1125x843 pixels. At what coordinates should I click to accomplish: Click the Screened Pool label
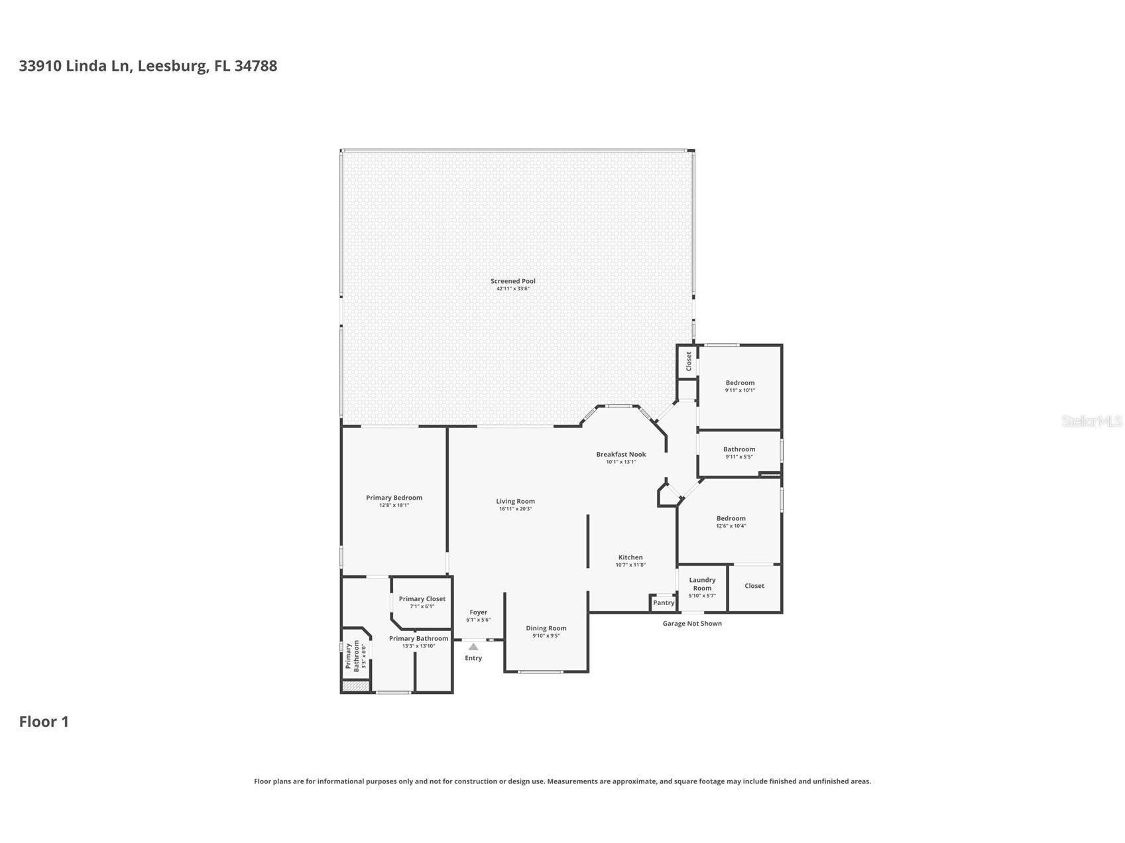[512, 281]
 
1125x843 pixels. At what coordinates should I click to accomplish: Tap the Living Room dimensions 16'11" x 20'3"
[515, 509]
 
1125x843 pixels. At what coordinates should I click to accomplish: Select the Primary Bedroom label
[394, 498]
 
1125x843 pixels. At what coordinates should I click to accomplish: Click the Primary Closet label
[422, 599]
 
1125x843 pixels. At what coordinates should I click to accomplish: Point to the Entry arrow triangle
[473, 647]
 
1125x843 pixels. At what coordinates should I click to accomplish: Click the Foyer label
[478, 612]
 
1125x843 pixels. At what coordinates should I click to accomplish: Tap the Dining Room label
[546, 628]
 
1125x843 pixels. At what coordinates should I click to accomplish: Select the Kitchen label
[630, 557]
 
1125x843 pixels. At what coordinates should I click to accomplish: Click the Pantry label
[663, 603]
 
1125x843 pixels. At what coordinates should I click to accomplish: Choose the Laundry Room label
[702, 584]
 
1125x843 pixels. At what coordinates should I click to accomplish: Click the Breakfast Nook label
[621, 455]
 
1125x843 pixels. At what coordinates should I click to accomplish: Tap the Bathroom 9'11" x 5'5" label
[739, 449]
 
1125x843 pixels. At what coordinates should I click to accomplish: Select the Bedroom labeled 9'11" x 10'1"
[740, 383]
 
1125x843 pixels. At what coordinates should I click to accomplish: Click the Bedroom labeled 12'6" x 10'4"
[731, 518]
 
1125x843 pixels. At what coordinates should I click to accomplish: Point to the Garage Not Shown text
[692, 624]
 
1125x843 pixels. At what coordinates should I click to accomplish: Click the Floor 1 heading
[44, 722]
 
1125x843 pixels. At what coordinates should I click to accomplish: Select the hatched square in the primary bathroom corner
[355, 687]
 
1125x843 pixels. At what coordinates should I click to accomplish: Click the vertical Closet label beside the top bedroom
[689, 361]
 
